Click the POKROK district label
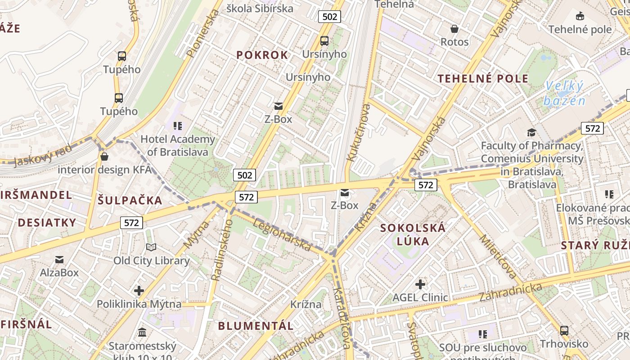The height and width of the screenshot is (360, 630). coord(262,55)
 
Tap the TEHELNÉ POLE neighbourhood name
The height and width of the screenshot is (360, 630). coord(483,79)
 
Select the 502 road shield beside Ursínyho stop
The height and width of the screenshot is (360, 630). coord(329,17)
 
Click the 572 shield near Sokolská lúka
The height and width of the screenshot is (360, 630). coord(425,185)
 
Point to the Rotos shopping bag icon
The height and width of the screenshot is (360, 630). coord(454,29)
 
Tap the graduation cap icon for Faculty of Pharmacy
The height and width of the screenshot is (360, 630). coord(531,132)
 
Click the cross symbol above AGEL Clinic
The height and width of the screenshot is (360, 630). coord(420,284)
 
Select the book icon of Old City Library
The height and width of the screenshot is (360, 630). coord(151,247)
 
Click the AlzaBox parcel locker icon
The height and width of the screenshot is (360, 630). coord(59,260)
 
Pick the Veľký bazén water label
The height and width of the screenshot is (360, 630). coord(564,93)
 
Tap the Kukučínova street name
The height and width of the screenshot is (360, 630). coord(359,133)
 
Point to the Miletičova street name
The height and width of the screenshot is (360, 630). coord(498,256)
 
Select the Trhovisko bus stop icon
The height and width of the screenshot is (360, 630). coord(564,331)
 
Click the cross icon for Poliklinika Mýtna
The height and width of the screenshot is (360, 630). coord(139,291)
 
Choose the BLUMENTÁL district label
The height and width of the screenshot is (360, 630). coord(256,326)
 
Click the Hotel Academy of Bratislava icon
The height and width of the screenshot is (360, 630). coord(178,126)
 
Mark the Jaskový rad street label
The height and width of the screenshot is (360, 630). coord(43,155)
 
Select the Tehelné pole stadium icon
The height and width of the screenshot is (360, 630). coord(580,17)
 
